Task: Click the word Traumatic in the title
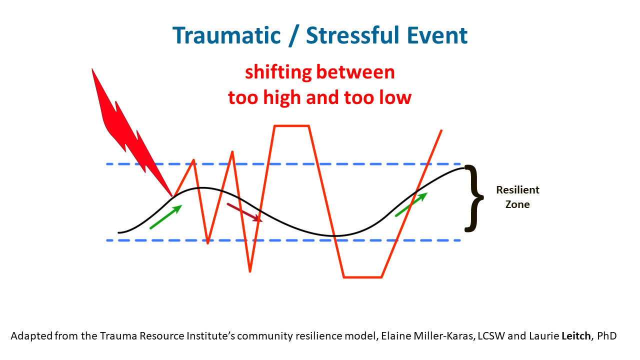pos(226,35)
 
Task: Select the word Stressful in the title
pos(353,35)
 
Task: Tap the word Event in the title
pos(437,35)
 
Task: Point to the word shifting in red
pos(278,72)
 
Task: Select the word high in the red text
pos(282,97)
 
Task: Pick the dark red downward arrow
pos(244,212)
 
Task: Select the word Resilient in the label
pos(517,190)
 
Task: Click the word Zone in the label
pos(517,204)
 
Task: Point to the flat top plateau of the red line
pos(291,125)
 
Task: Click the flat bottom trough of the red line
pos(362,277)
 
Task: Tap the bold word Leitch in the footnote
pos(576,336)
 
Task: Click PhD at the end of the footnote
pos(607,336)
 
